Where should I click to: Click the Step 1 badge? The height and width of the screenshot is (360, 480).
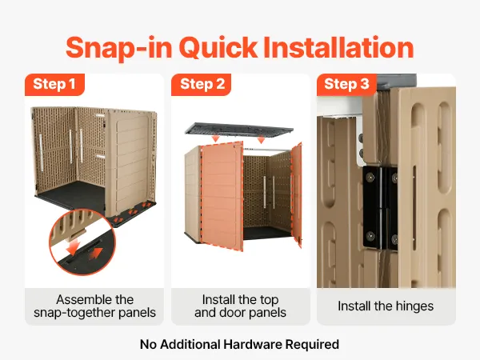tap(54, 85)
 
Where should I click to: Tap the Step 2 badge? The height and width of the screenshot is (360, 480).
tap(201, 85)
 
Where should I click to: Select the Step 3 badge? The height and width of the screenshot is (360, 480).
tap(346, 85)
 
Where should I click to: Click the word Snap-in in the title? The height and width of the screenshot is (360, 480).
tap(118, 49)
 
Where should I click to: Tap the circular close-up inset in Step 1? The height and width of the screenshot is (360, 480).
tap(82, 242)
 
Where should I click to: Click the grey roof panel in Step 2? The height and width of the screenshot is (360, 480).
tap(239, 129)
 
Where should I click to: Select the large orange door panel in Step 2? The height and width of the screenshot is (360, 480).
tap(222, 196)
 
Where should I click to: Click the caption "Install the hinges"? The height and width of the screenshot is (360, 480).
tap(386, 306)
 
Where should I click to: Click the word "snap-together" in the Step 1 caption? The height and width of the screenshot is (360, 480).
tap(73, 313)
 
